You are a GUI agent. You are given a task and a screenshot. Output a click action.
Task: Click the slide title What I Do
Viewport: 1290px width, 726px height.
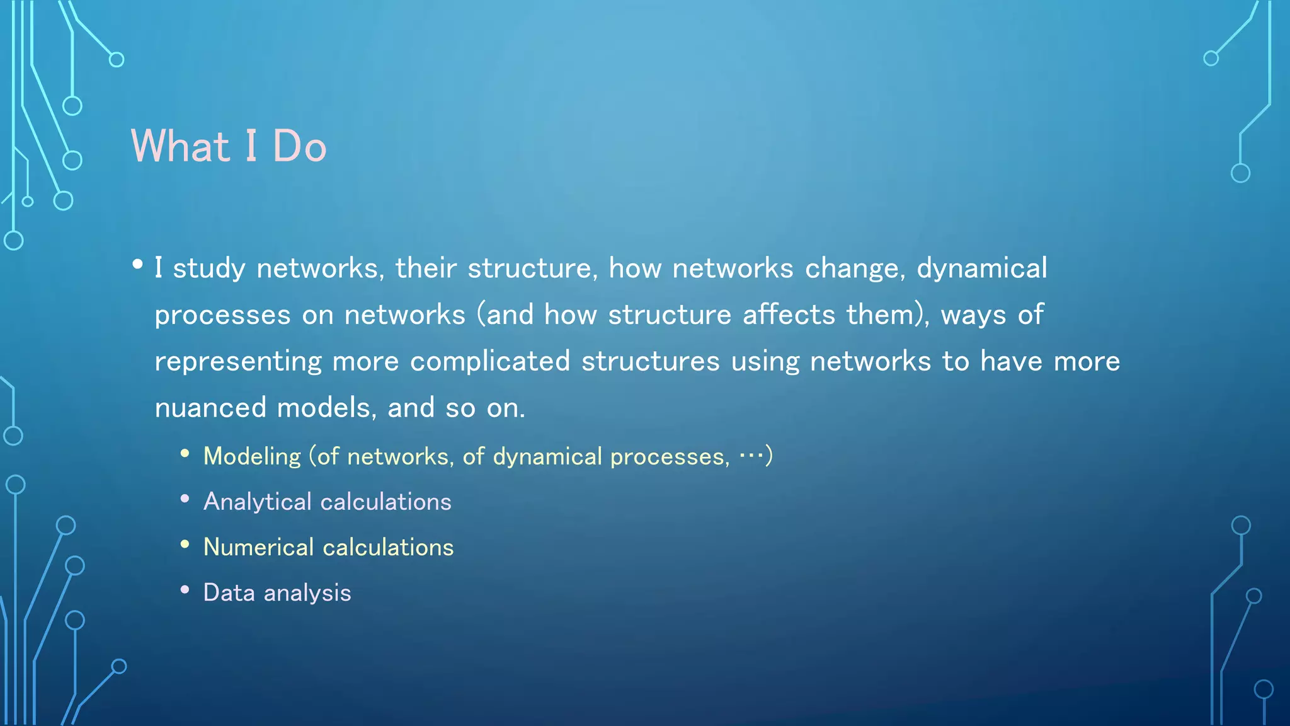(228, 146)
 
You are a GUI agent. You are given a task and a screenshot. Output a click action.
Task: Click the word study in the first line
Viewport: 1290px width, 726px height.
(208, 269)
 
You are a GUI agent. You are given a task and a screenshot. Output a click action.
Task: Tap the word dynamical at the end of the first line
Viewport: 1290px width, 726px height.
(981, 269)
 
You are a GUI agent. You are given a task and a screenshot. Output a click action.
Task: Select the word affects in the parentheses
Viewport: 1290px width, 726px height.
(789, 314)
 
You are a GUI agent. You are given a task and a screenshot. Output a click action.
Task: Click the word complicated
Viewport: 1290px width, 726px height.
(490, 362)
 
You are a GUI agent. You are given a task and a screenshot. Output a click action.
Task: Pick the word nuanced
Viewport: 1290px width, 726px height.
(210, 408)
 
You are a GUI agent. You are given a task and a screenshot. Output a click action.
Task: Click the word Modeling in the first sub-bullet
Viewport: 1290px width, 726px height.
(252, 457)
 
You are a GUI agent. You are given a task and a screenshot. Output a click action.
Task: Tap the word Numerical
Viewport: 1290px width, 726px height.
(258, 547)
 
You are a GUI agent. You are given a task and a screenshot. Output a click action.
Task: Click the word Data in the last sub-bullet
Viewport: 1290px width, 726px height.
(229, 592)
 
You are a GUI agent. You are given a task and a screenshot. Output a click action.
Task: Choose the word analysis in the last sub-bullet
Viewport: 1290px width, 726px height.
(307, 594)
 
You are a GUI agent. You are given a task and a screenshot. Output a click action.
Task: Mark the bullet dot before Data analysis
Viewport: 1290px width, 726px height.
(185, 590)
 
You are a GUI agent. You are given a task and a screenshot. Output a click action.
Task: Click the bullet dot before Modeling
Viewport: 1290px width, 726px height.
(185, 454)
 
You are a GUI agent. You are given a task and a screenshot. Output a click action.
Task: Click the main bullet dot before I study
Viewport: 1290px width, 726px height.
(138, 265)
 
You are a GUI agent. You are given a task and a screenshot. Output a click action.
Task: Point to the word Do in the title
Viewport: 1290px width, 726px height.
(299, 146)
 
